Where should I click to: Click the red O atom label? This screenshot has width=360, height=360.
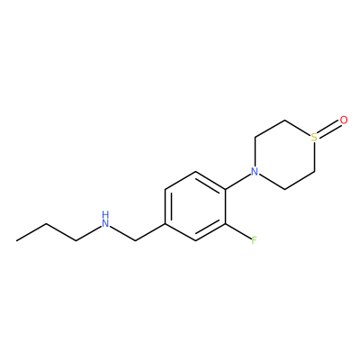(344, 121)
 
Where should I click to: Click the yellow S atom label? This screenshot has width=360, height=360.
(314, 138)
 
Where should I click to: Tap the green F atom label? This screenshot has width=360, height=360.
(254, 240)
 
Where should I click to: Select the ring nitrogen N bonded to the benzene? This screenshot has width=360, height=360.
(255, 172)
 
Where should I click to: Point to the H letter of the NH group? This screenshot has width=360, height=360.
(104, 215)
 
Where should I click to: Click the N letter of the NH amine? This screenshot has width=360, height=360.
(104, 223)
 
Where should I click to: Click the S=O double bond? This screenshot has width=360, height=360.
(329, 130)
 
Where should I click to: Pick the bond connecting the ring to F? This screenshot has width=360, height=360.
(238, 232)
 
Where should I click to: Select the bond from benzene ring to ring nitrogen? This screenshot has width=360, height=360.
(238, 181)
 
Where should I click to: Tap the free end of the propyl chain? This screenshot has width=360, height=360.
(16, 240)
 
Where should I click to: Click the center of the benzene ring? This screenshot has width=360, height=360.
(195, 206)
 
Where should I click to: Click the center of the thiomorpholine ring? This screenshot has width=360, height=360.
(284, 155)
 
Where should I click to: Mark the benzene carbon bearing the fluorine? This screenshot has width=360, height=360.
(225, 223)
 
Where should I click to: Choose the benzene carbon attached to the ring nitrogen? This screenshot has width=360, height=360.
(225, 189)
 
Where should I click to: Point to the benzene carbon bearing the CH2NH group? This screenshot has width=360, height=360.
(165, 223)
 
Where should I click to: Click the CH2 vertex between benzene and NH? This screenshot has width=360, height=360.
(135, 240)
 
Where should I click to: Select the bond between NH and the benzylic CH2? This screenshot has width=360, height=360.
(122, 233)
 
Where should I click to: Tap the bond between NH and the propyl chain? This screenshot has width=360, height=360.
(88, 233)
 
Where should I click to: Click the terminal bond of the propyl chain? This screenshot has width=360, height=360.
(31, 232)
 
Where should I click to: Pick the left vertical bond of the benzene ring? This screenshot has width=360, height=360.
(165, 206)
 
